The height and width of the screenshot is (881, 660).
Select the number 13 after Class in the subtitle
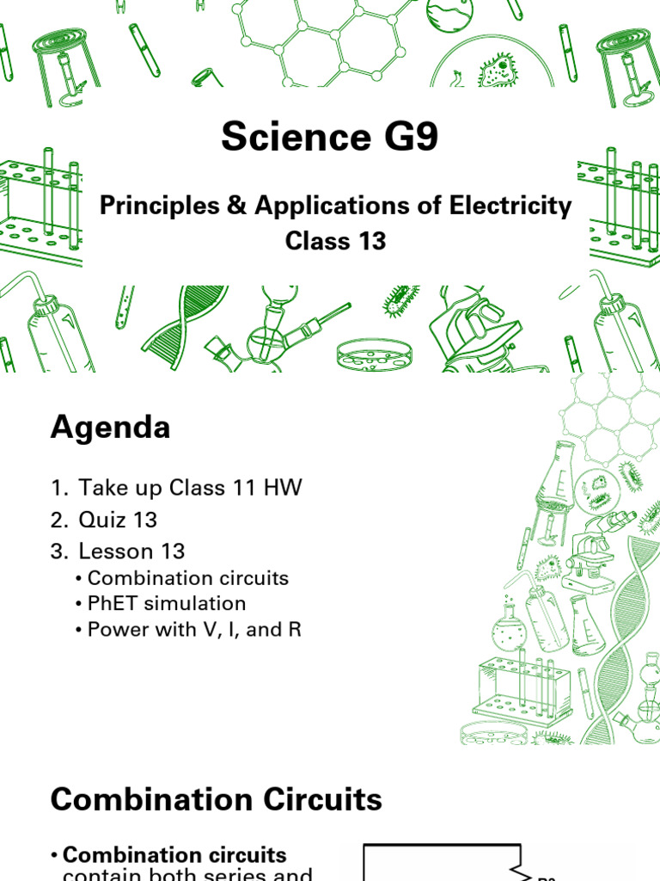point(372,241)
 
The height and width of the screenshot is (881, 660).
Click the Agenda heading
point(110,428)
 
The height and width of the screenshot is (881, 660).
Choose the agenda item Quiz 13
point(118,520)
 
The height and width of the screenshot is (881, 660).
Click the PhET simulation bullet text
point(167,603)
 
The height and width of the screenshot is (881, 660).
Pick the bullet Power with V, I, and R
point(194,630)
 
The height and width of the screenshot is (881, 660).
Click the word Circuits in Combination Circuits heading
point(326,800)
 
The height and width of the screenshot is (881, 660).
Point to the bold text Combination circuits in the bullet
point(174,855)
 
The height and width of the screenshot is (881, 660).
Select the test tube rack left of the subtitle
point(40,211)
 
